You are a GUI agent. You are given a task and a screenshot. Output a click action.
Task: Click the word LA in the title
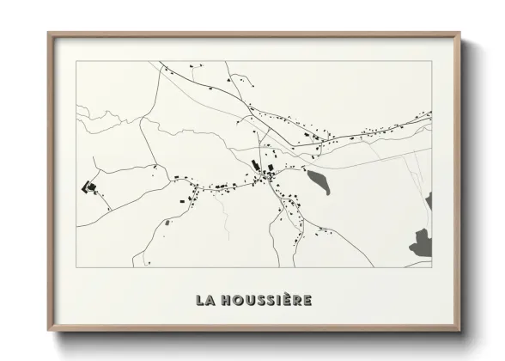[204, 300]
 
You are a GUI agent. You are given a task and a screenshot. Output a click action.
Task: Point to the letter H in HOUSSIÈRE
[226, 300]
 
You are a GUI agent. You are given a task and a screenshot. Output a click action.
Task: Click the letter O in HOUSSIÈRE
[238, 300]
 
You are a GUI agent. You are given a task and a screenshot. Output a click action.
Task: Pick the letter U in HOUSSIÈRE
[250, 300]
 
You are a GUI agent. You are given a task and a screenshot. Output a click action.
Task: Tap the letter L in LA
[200, 300]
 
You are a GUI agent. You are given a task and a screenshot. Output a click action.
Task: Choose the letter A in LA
[210, 300]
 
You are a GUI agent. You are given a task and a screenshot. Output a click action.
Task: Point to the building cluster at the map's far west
[88, 187]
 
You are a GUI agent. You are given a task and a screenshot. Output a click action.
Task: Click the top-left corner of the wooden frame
[49, 34]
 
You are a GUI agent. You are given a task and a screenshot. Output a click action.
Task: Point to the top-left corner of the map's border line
[76, 61]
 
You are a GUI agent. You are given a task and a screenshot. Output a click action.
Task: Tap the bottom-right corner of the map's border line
[432, 267]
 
